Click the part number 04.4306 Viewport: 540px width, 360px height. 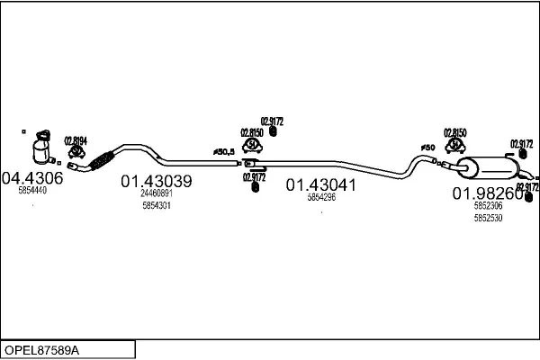tap(32, 178)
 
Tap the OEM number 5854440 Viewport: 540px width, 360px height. tap(32, 191)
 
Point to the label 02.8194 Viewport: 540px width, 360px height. tap(76, 139)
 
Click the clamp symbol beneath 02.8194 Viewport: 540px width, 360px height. tap(76, 153)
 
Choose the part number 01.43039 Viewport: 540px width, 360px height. tap(156, 182)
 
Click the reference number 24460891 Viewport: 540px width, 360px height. tap(157, 193)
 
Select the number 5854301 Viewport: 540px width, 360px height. tap(157, 205)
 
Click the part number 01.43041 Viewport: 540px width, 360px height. tap(321, 185)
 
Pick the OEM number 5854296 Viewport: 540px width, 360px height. tap(321, 197)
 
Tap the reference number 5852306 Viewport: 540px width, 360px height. tap(488, 206)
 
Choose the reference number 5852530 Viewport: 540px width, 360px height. tap(488, 217)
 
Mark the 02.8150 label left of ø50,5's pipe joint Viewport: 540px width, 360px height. tap(252, 131)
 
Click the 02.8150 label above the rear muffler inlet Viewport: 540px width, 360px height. tap(455, 131)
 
